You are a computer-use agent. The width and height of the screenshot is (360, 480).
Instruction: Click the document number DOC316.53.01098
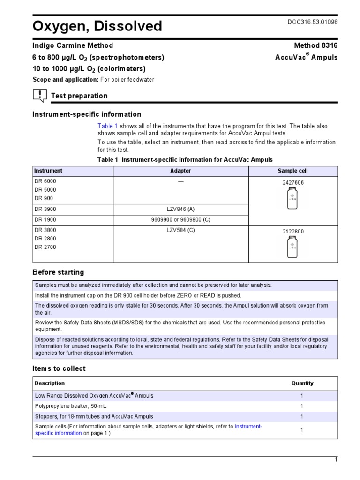click(312, 22)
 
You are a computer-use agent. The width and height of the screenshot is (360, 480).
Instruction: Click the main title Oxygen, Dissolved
click(97, 26)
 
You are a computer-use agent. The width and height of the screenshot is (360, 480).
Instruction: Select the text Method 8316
click(315, 45)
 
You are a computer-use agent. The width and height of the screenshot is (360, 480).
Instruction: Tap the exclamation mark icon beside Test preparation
click(40, 96)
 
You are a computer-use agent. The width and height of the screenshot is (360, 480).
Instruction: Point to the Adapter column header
click(180, 171)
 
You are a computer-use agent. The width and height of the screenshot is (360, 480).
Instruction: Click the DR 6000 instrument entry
click(45, 181)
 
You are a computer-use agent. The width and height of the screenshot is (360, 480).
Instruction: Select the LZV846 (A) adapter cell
click(180, 210)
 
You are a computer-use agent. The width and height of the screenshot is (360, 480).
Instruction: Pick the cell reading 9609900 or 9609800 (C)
click(180, 220)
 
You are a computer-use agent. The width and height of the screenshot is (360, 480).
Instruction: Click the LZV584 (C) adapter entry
click(180, 230)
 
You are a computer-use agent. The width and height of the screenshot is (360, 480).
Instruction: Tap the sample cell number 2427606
click(292, 183)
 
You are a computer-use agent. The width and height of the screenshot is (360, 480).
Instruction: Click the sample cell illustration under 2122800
click(292, 247)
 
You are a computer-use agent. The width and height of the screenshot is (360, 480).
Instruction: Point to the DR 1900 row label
click(45, 220)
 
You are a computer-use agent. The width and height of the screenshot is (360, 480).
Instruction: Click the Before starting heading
click(58, 272)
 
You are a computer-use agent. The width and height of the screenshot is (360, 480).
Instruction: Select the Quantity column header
click(302, 383)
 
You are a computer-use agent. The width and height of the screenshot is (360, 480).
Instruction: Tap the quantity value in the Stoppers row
click(302, 416)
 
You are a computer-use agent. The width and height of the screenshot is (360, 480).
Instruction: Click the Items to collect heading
click(59, 368)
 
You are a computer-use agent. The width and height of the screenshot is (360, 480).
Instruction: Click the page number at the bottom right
click(336, 459)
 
